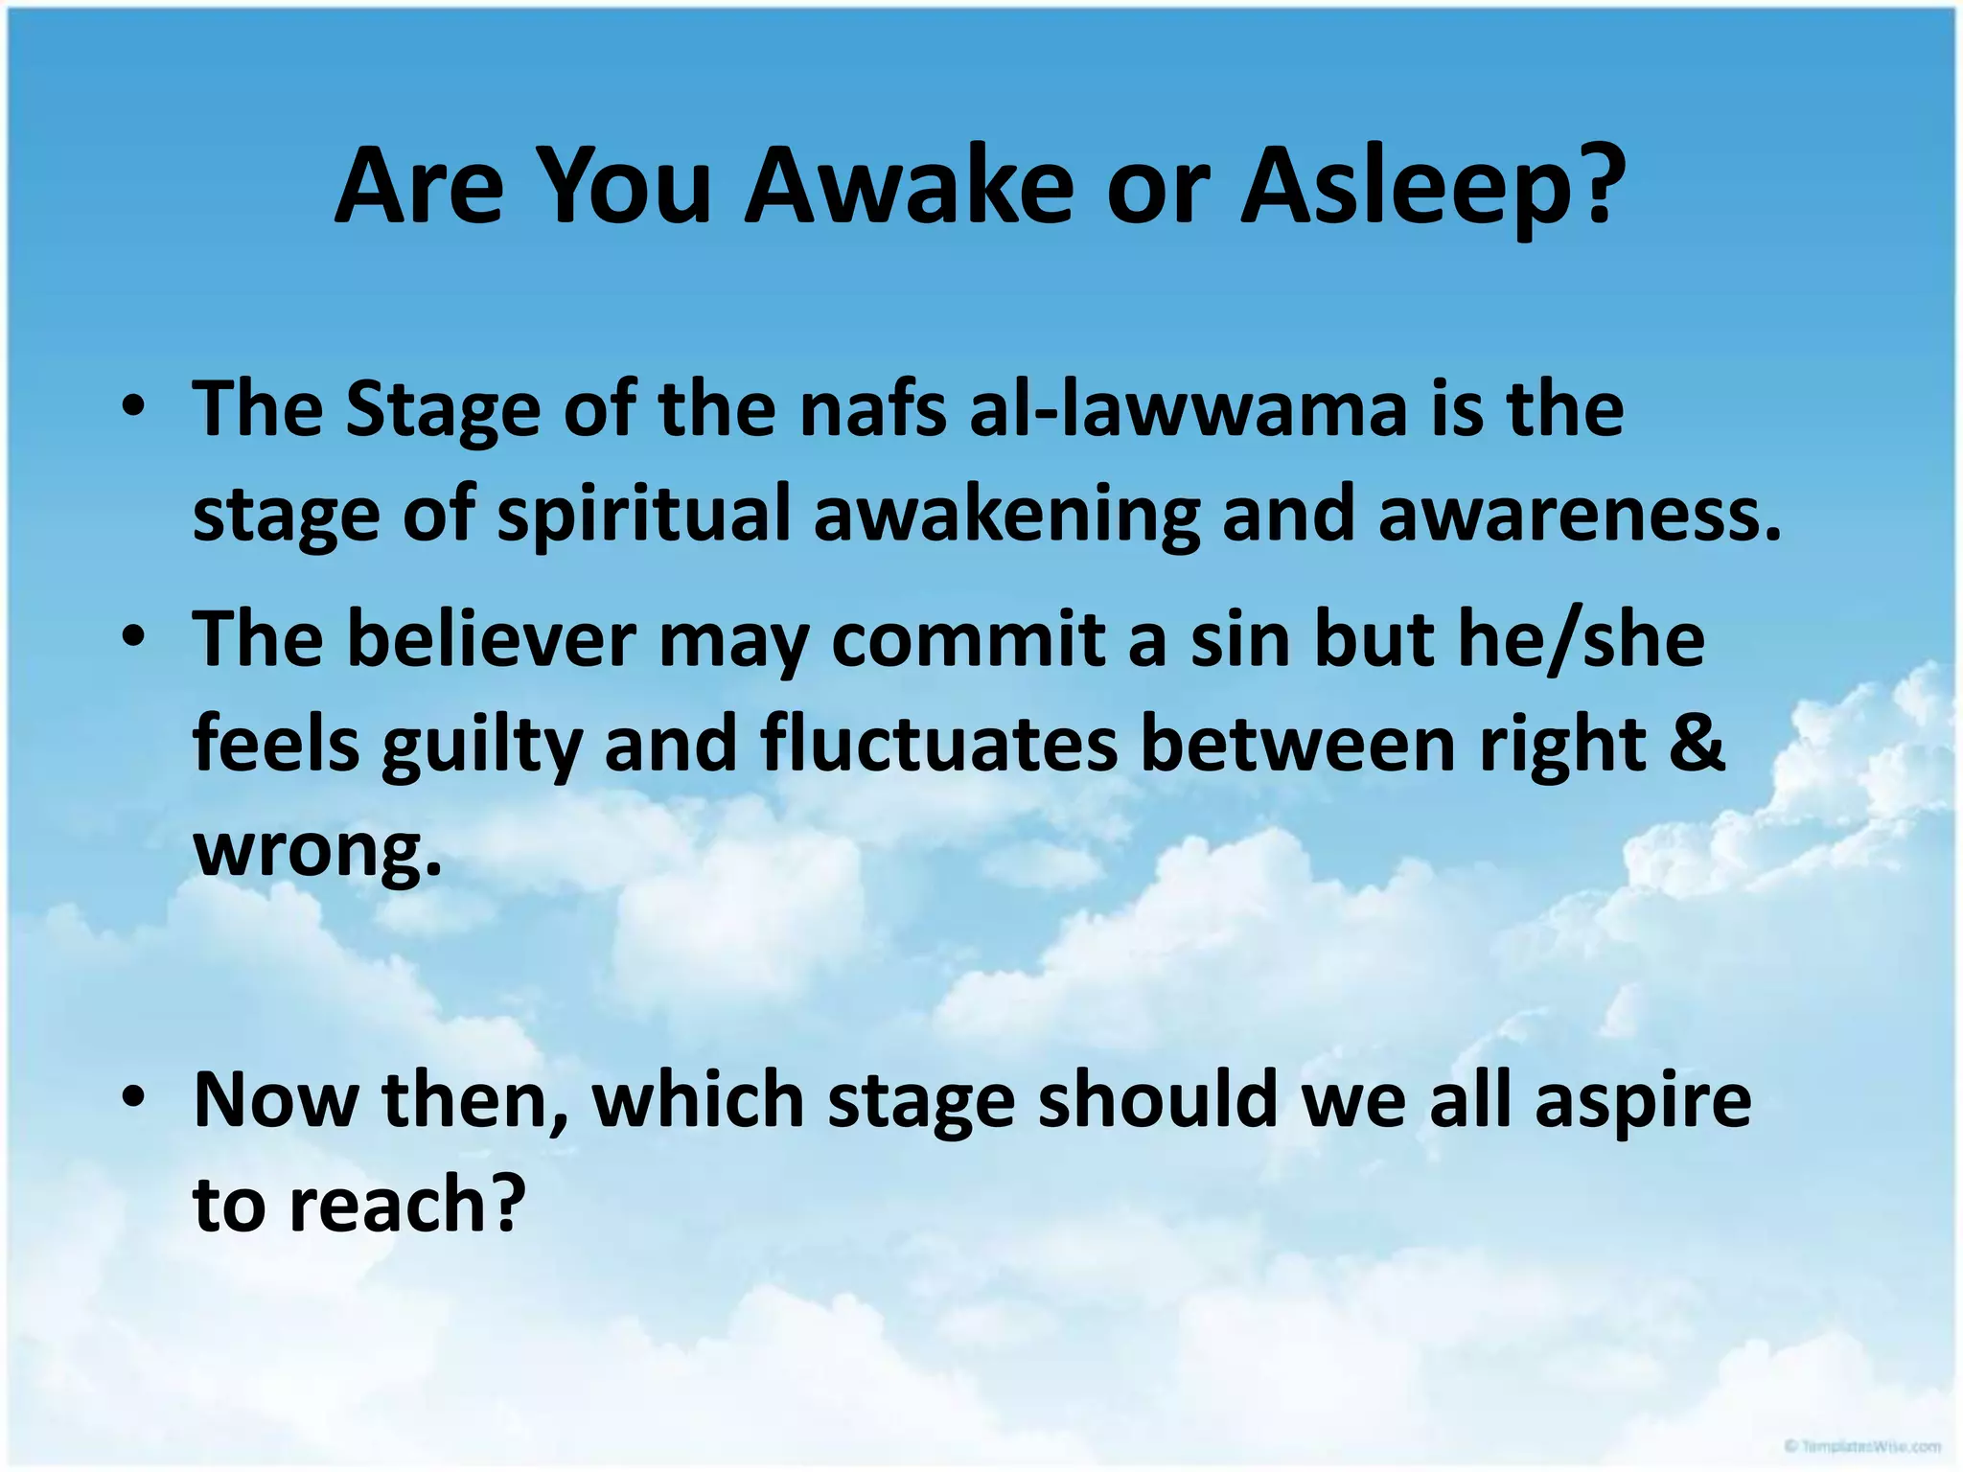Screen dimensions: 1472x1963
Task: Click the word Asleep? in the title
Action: tap(1433, 188)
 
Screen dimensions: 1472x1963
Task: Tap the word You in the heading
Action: tap(626, 186)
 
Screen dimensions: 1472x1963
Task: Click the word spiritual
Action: tap(644, 516)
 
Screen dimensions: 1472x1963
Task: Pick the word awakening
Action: tap(1006, 516)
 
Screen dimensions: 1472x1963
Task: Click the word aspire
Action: tap(1643, 1101)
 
